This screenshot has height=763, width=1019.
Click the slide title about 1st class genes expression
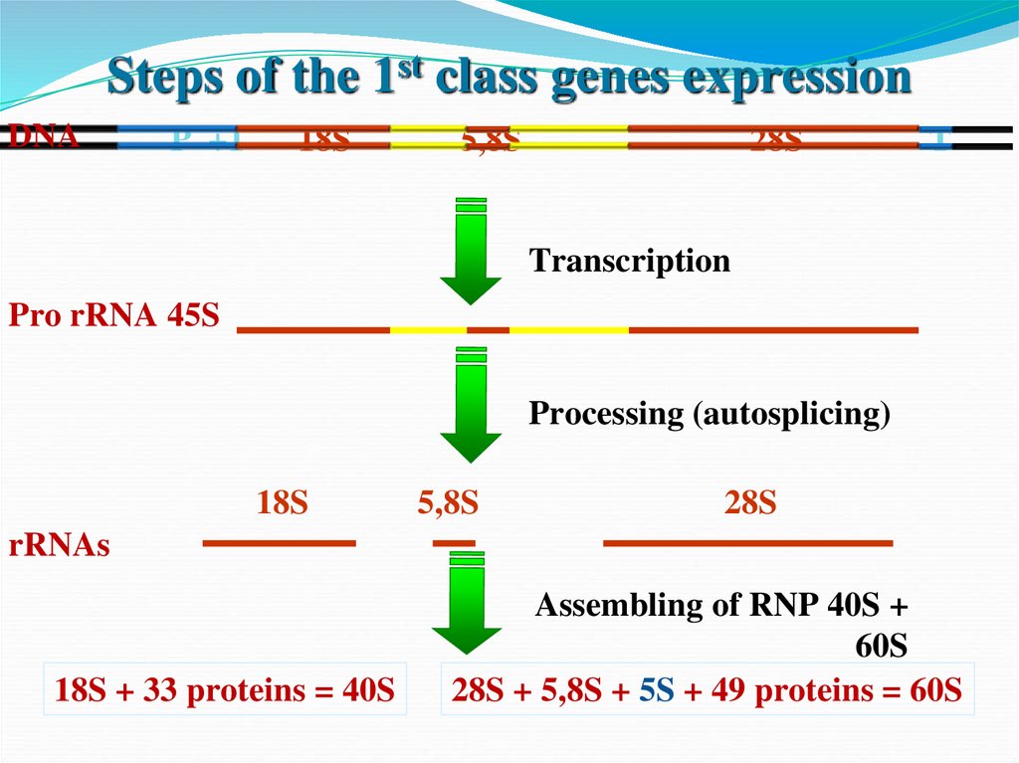(x=509, y=79)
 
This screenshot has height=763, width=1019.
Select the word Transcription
(x=629, y=261)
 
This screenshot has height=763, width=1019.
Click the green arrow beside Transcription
(x=471, y=254)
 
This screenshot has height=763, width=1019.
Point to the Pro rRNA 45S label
(x=113, y=316)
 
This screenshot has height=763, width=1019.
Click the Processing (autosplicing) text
(x=709, y=413)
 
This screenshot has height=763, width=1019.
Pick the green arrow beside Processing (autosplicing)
(x=471, y=405)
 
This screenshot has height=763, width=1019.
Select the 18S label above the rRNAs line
(x=283, y=503)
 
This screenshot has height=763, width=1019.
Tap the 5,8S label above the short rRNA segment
(x=448, y=503)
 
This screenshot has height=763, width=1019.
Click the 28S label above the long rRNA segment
(x=749, y=503)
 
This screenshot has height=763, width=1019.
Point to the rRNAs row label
(x=59, y=545)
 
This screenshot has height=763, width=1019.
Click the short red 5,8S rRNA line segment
(x=453, y=543)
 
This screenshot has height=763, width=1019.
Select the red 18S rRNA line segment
(x=279, y=543)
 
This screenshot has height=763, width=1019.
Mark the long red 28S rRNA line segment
(x=747, y=543)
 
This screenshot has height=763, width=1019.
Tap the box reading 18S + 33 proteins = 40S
(x=225, y=689)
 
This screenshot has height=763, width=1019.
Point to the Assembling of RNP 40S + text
(x=721, y=605)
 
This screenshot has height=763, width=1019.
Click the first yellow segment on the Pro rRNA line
(x=428, y=328)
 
